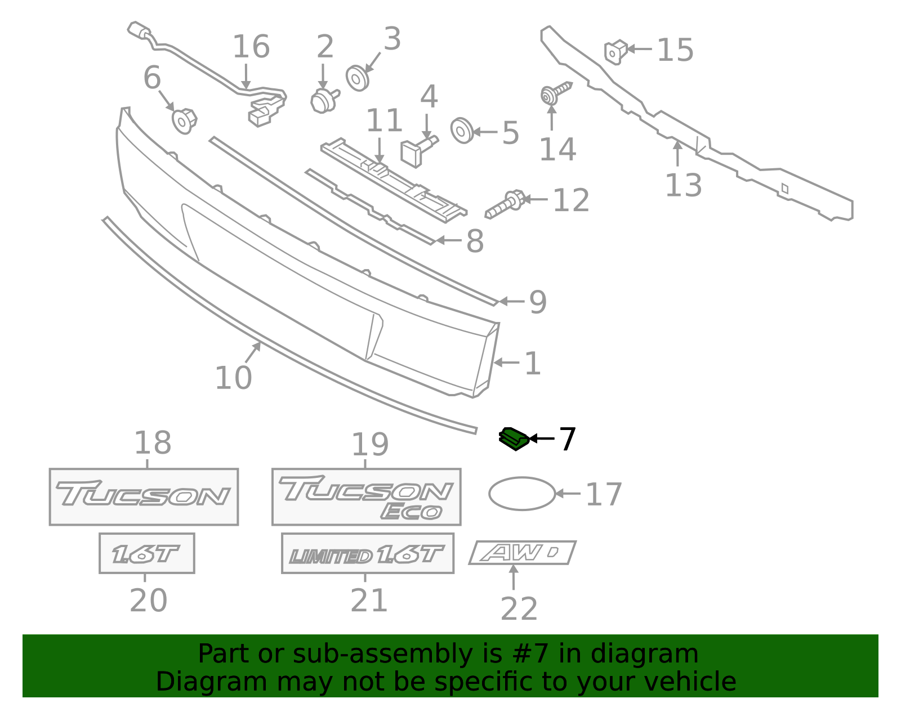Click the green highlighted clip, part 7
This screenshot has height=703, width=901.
coord(514,438)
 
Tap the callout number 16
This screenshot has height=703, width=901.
coord(251,47)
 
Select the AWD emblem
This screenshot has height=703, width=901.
coord(523,552)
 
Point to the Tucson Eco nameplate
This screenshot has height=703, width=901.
coord(366,496)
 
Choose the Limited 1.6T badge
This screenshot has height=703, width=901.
coord(368,553)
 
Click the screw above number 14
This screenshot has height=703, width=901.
coord(555,93)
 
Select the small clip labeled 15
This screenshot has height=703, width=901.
coord(616,52)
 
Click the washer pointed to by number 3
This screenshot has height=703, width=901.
coord(357,78)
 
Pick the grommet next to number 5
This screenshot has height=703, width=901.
coord(462,131)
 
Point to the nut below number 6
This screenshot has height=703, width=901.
coord(184,120)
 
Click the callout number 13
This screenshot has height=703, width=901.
coord(683,185)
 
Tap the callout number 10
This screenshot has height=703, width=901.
coord(234,378)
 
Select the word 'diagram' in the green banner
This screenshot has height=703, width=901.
coord(644,653)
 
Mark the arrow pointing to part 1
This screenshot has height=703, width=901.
coord(507,362)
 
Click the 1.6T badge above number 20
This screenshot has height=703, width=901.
coord(147,553)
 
